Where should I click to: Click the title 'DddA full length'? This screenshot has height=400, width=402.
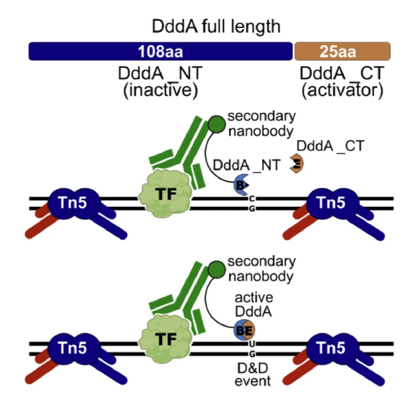(216, 27)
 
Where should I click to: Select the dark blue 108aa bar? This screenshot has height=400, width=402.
(160, 51)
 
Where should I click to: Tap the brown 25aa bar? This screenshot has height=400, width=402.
(342, 51)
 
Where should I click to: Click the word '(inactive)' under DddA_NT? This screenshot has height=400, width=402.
(160, 90)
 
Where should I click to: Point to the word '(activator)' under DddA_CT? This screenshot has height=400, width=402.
(342, 90)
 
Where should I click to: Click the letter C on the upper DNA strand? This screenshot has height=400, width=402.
(252, 199)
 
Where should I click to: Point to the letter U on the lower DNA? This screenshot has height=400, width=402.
(252, 344)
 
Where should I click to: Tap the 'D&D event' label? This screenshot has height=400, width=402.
(252, 374)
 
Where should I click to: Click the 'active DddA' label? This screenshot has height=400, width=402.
(254, 305)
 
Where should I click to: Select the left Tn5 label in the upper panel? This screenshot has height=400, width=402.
(73, 202)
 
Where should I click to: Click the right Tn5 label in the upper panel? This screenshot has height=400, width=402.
(331, 202)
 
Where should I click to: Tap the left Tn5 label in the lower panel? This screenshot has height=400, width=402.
(73, 347)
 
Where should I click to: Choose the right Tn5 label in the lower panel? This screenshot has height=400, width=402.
(331, 347)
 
